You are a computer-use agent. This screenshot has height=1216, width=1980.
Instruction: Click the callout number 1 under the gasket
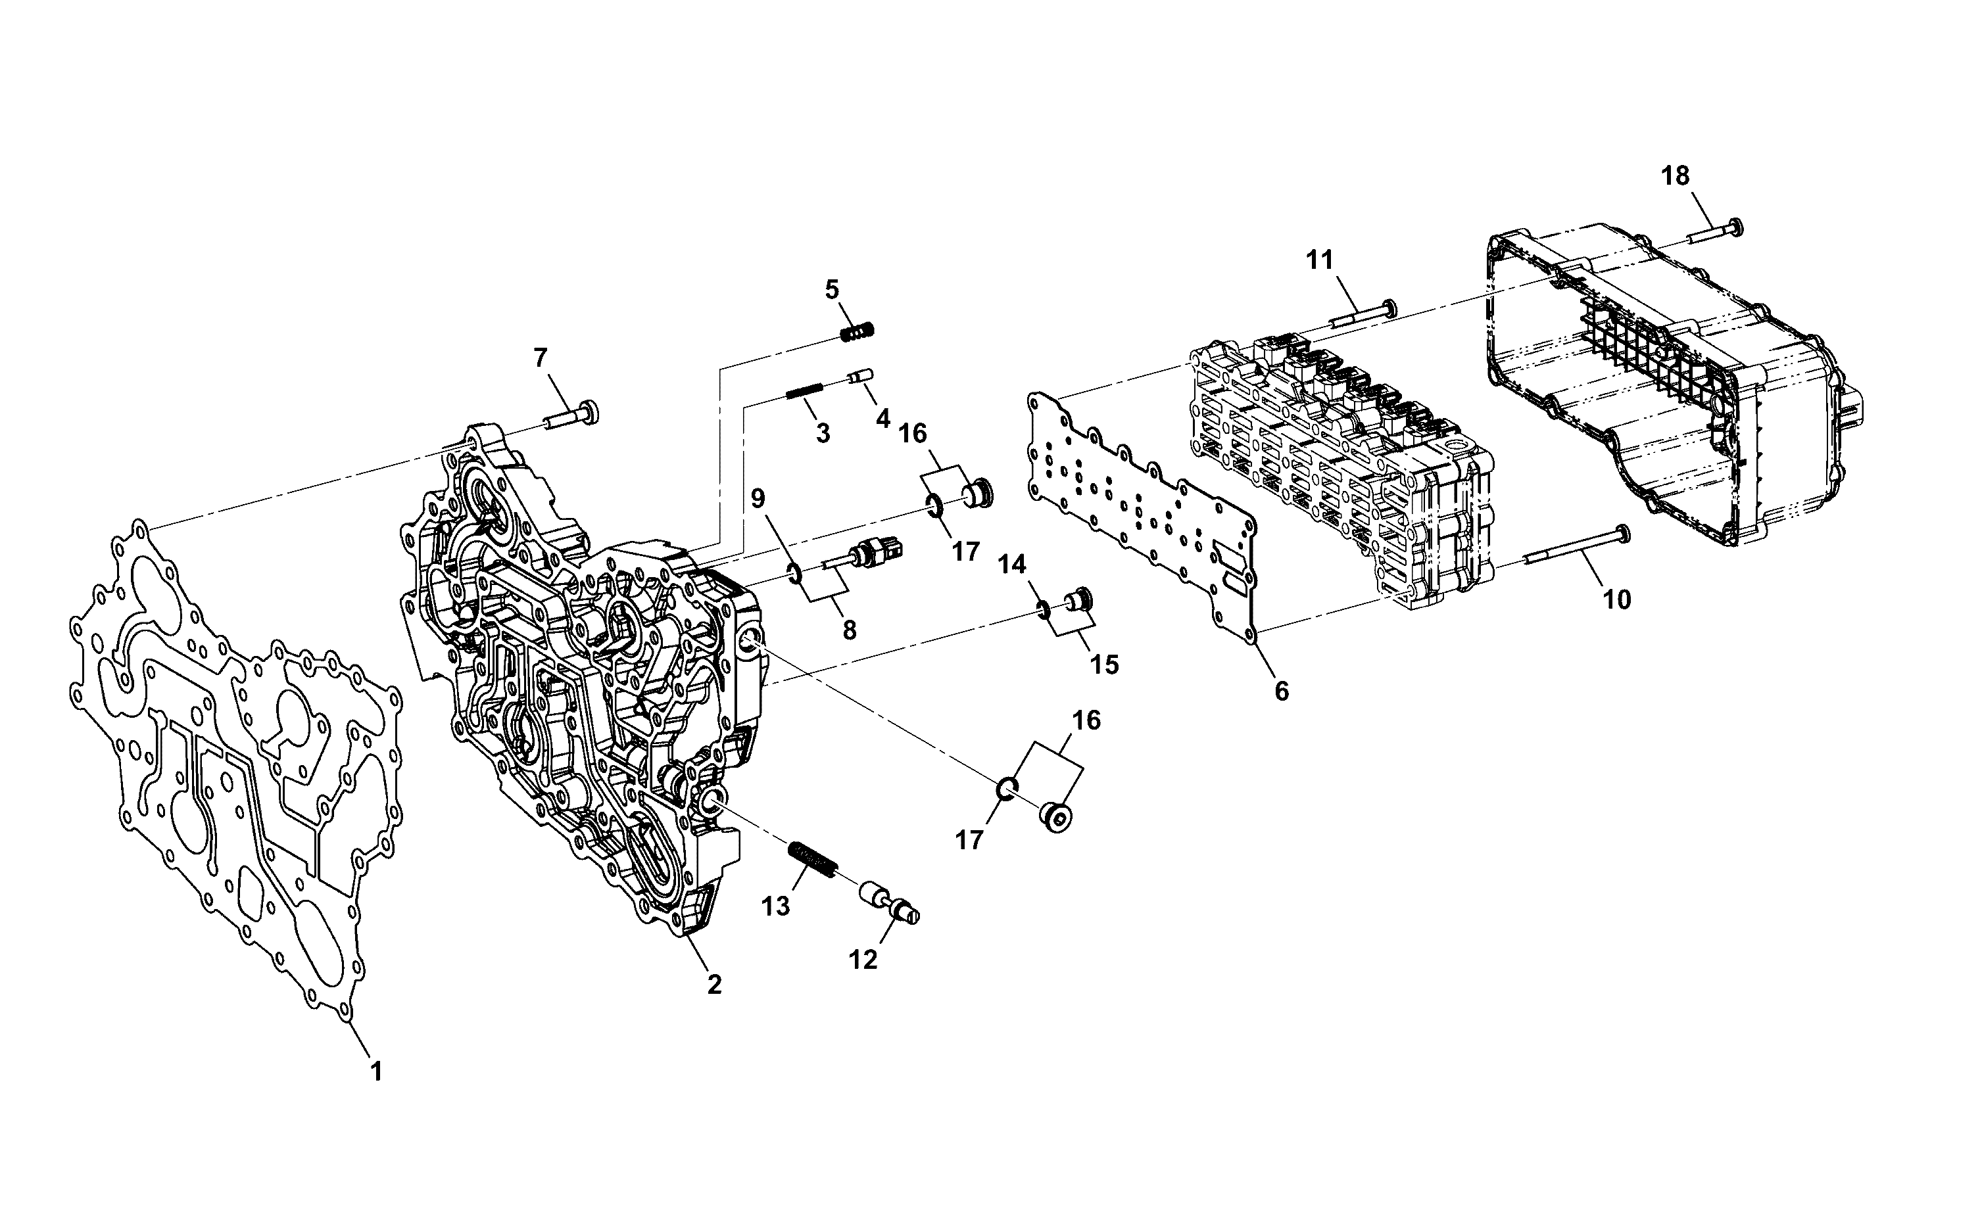tap(375, 1071)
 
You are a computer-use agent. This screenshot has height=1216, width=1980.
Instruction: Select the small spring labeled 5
tap(857, 331)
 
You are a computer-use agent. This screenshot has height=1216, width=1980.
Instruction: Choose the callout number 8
tap(850, 630)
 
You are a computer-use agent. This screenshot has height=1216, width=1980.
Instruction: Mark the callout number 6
tap(1282, 691)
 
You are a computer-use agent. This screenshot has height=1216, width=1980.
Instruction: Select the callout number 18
tap(1676, 175)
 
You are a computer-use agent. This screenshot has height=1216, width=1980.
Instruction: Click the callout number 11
tap(1320, 260)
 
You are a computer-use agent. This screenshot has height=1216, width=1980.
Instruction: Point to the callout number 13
tap(777, 907)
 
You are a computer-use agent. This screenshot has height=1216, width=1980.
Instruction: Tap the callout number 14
tap(1013, 565)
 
